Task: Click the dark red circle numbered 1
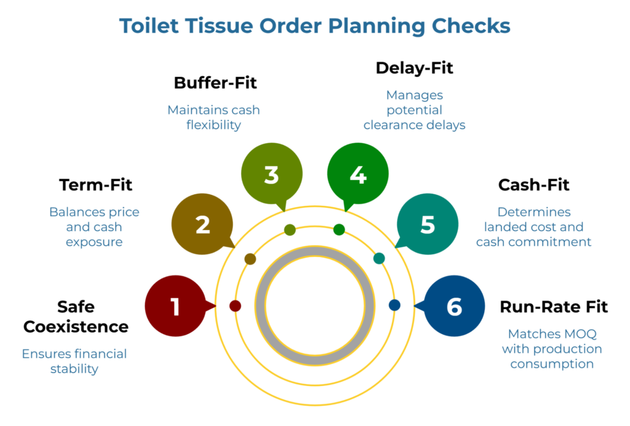coord(175,306)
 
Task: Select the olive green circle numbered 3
coord(271,175)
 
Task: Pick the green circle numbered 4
coord(357,175)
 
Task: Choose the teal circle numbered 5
coord(428,225)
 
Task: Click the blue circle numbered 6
coord(455,306)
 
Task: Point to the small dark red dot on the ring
coord(235,306)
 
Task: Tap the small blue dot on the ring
coord(394,305)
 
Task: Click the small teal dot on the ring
coord(379,258)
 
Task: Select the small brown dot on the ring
coord(250,259)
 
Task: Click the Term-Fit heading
coord(95,185)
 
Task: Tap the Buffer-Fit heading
coord(215,83)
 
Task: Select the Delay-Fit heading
coord(414,68)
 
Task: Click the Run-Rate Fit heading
coord(554,307)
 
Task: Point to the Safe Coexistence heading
coord(76,316)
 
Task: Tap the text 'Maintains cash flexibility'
coord(213,117)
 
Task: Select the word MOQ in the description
coord(578,334)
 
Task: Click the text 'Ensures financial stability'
coord(74,361)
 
